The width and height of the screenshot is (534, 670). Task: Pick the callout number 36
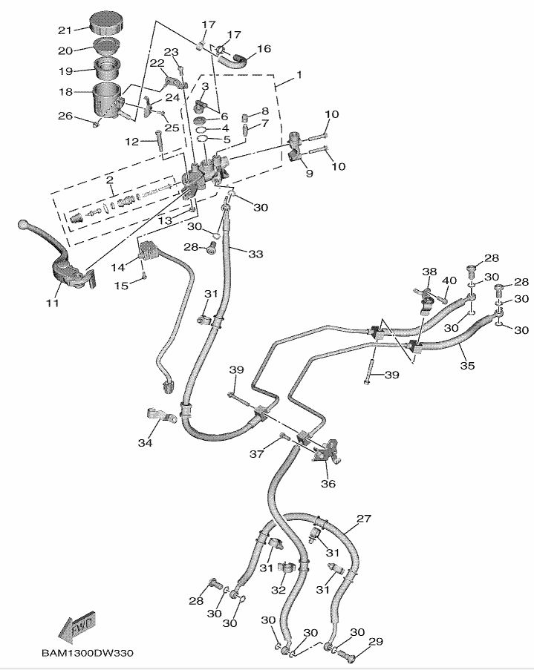[x=328, y=484]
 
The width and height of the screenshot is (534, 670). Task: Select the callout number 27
[x=363, y=519]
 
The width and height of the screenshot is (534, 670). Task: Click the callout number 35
[x=466, y=365]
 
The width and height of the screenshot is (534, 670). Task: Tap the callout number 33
[x=255, y=254]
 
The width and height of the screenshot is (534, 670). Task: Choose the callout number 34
[x=144, y=443]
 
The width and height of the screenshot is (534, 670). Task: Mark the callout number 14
[x=117, y=266]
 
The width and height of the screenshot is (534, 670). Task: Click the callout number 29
[x=376, y=641]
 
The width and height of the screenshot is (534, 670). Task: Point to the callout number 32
[x=279, y=590]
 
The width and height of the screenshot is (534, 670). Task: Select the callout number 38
[x=429, y=272]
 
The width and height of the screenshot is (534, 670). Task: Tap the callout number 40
[x=449, y=280]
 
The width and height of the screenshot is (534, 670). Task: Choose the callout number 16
[x=264, y=50]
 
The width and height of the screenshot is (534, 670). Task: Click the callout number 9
[x=309, y=173]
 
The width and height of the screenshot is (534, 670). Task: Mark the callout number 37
[x=256, y=453]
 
